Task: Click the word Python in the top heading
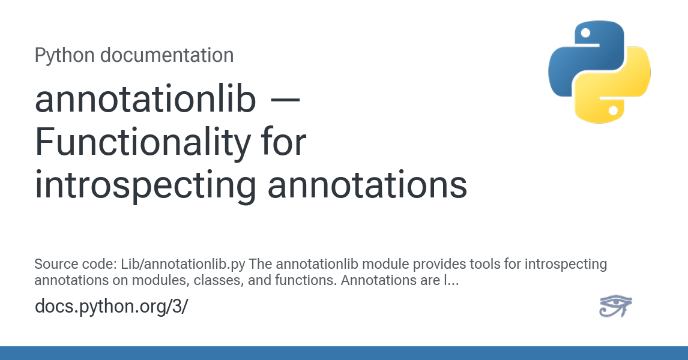pos(64,56)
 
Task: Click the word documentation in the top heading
pos(167,55)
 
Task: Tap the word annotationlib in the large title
pos(145,99)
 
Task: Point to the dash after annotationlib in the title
pos(285,100)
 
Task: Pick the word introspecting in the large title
pos(145,186)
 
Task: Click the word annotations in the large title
pos(367,185)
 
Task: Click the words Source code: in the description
pos(76,265)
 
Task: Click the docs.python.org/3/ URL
pos(112,306)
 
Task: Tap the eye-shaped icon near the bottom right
pos(615,306)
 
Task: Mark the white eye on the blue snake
pos(586,33)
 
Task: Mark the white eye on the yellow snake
pos(614,110)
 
